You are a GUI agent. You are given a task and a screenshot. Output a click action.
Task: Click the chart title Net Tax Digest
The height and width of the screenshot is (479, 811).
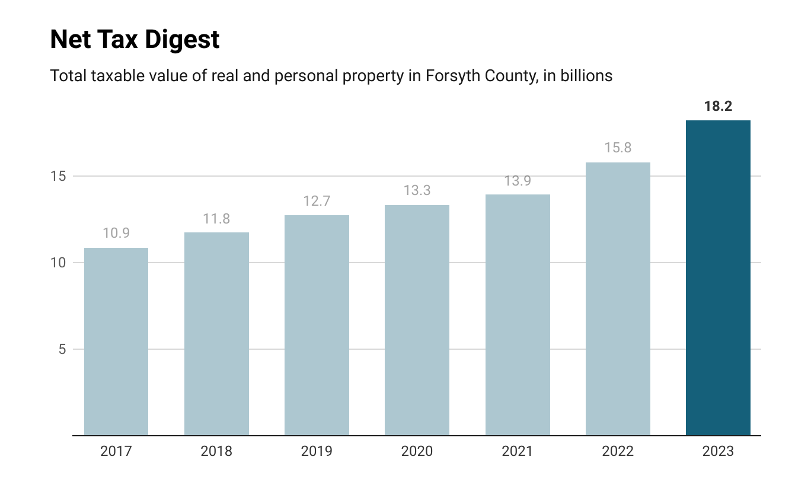[x=135, y=40]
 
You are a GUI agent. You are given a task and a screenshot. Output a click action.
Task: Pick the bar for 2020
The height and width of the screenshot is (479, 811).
[x=417, y=320]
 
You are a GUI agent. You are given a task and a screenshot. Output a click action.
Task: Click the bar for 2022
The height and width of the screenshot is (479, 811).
[x=618, y=299]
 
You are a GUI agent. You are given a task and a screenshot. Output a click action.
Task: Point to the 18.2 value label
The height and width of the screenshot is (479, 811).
[x=718, y=107]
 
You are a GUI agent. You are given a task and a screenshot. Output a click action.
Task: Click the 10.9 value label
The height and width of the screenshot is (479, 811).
[x=116, y=234]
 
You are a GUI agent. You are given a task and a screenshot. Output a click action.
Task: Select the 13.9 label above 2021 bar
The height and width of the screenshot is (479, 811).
[x=518, y=181]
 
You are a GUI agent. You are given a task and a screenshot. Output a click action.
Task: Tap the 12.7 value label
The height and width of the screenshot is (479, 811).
[x=317, y=201]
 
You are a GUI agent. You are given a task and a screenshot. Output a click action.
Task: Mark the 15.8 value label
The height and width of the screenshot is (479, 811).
[x=618, y=148]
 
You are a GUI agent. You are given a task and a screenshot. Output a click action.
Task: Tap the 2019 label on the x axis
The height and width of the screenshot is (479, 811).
[x=317, y=452]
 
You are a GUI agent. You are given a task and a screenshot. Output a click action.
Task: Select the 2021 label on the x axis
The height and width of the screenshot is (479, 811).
[x=518, y=452]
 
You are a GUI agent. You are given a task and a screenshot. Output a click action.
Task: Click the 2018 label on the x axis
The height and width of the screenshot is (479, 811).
[x=216, y=452]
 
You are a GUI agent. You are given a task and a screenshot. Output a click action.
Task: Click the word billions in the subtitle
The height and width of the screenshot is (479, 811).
[x=583, y=76]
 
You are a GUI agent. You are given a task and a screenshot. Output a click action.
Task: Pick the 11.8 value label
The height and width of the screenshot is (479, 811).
[x=216, y=218]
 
